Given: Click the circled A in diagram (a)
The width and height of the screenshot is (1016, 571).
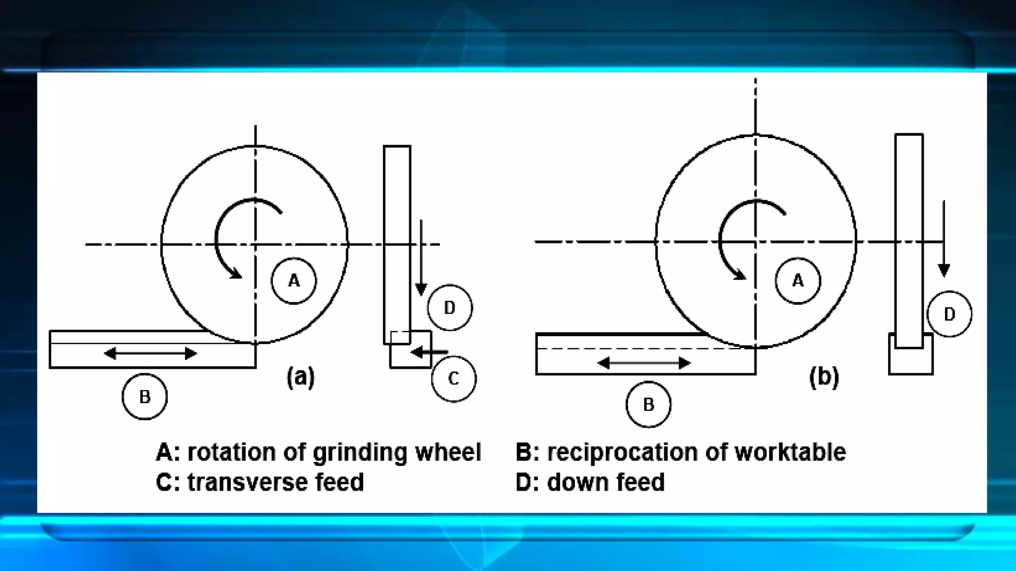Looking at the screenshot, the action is (x=294, y=281).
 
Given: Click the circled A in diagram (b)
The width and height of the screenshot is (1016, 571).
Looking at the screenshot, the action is (x=798, y=281).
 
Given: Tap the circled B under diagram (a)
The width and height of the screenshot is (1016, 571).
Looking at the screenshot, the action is (x=144, y=397).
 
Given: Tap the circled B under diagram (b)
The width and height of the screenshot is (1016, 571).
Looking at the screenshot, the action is (x=648, y=404).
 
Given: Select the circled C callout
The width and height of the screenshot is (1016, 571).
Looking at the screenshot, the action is (x=453, y=379).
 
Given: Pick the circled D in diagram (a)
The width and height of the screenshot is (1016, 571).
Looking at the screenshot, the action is (x=449, y=308).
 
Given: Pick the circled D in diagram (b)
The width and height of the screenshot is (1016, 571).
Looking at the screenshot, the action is (x=949, y=314).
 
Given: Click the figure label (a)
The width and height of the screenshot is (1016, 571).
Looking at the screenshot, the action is (x=301, y=377).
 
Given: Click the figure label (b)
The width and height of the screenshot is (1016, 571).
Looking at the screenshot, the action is (x=824, y=377).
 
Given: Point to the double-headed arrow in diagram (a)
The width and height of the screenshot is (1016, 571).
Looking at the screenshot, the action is (x=151, y=353).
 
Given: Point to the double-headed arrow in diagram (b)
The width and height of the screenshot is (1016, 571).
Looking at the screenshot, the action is (x=644, y=363).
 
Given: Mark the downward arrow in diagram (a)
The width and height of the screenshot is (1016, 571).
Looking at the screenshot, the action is (x=421, y=258).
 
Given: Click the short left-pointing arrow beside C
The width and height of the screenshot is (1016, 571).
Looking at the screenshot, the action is (x=429, y=352).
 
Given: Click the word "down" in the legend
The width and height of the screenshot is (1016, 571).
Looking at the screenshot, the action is (x=575, y=482).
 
